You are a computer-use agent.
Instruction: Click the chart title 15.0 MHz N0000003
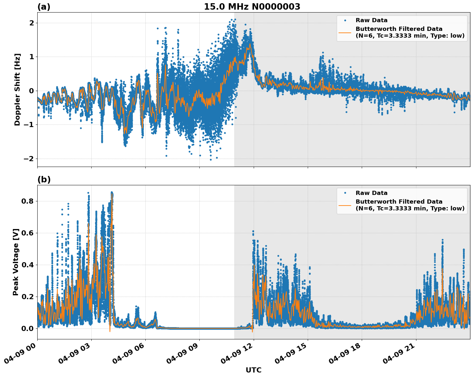point(252,7)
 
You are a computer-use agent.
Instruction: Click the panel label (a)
point(44,7)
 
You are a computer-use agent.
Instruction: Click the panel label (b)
point(44,179)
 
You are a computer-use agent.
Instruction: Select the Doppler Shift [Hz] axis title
point(17,89)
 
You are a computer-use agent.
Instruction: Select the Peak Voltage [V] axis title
point(16,262)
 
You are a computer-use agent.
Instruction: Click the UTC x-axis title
point(253,370)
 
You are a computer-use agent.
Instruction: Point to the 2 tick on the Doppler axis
point(32,23)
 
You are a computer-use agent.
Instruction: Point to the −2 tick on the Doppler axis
point(29,159)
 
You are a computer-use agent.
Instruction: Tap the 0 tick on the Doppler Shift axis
point(32,91)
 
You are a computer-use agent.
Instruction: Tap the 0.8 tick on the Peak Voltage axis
point(27,201)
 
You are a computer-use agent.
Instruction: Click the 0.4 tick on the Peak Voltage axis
point(27,265)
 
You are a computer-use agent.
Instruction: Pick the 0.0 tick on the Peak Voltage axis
point(27,328)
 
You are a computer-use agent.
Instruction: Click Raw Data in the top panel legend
point(371,20)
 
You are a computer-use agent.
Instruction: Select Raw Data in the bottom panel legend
point(371,193)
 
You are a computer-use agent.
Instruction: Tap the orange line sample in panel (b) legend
point(345,205)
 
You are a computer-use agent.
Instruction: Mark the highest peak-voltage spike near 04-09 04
point(112,193)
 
